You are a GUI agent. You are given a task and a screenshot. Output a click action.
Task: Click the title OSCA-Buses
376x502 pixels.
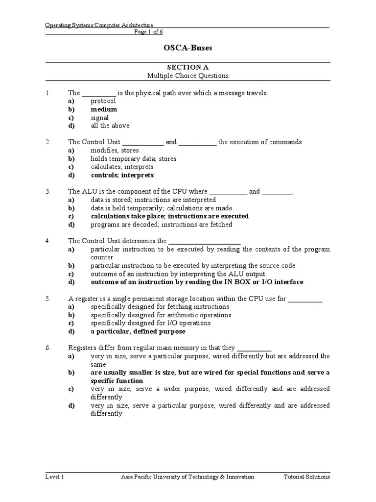188,48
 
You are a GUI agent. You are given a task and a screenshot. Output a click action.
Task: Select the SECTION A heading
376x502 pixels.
188,67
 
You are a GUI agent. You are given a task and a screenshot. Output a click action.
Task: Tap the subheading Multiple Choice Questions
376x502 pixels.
188,76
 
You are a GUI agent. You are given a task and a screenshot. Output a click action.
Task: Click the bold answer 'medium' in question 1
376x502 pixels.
104,109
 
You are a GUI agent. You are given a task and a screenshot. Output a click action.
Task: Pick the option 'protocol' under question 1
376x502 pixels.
103,101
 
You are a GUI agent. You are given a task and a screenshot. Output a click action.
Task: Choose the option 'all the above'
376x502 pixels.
110,125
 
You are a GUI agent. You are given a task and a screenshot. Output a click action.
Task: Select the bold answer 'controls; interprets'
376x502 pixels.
122,175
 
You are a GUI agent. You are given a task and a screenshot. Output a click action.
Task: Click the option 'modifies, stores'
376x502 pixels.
115,151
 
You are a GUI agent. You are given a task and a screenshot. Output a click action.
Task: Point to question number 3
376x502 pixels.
48,192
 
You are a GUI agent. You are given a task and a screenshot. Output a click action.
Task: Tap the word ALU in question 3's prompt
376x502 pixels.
88,192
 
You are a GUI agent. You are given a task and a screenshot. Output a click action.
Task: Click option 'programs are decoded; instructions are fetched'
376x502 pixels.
162,225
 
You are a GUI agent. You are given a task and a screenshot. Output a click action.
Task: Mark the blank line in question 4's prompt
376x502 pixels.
205,241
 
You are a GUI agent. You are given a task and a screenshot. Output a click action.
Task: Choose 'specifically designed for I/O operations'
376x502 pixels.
151,323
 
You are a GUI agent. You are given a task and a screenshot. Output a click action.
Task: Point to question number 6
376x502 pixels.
48,348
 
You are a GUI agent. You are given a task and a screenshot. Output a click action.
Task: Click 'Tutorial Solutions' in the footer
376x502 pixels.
307,477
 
